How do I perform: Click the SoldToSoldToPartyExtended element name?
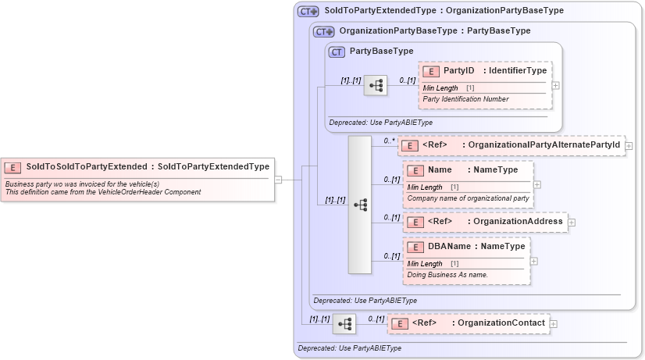pos(85,166)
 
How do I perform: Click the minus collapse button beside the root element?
pos(278,179)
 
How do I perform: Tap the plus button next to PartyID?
pos(555,86)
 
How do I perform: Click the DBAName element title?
pos(449,247)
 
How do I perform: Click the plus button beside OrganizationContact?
pos(553,323)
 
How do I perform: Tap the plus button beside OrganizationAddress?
pos(572,222)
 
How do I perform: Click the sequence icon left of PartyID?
pos(376,85)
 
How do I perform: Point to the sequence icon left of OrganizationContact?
pos(344,323)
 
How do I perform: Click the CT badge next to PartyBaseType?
pos(337,52)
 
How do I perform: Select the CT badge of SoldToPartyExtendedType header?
pos(308,12)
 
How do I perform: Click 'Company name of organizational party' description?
pos(468,198)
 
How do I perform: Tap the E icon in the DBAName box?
pos(415,247)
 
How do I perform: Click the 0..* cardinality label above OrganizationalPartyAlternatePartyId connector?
pos(389,141)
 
